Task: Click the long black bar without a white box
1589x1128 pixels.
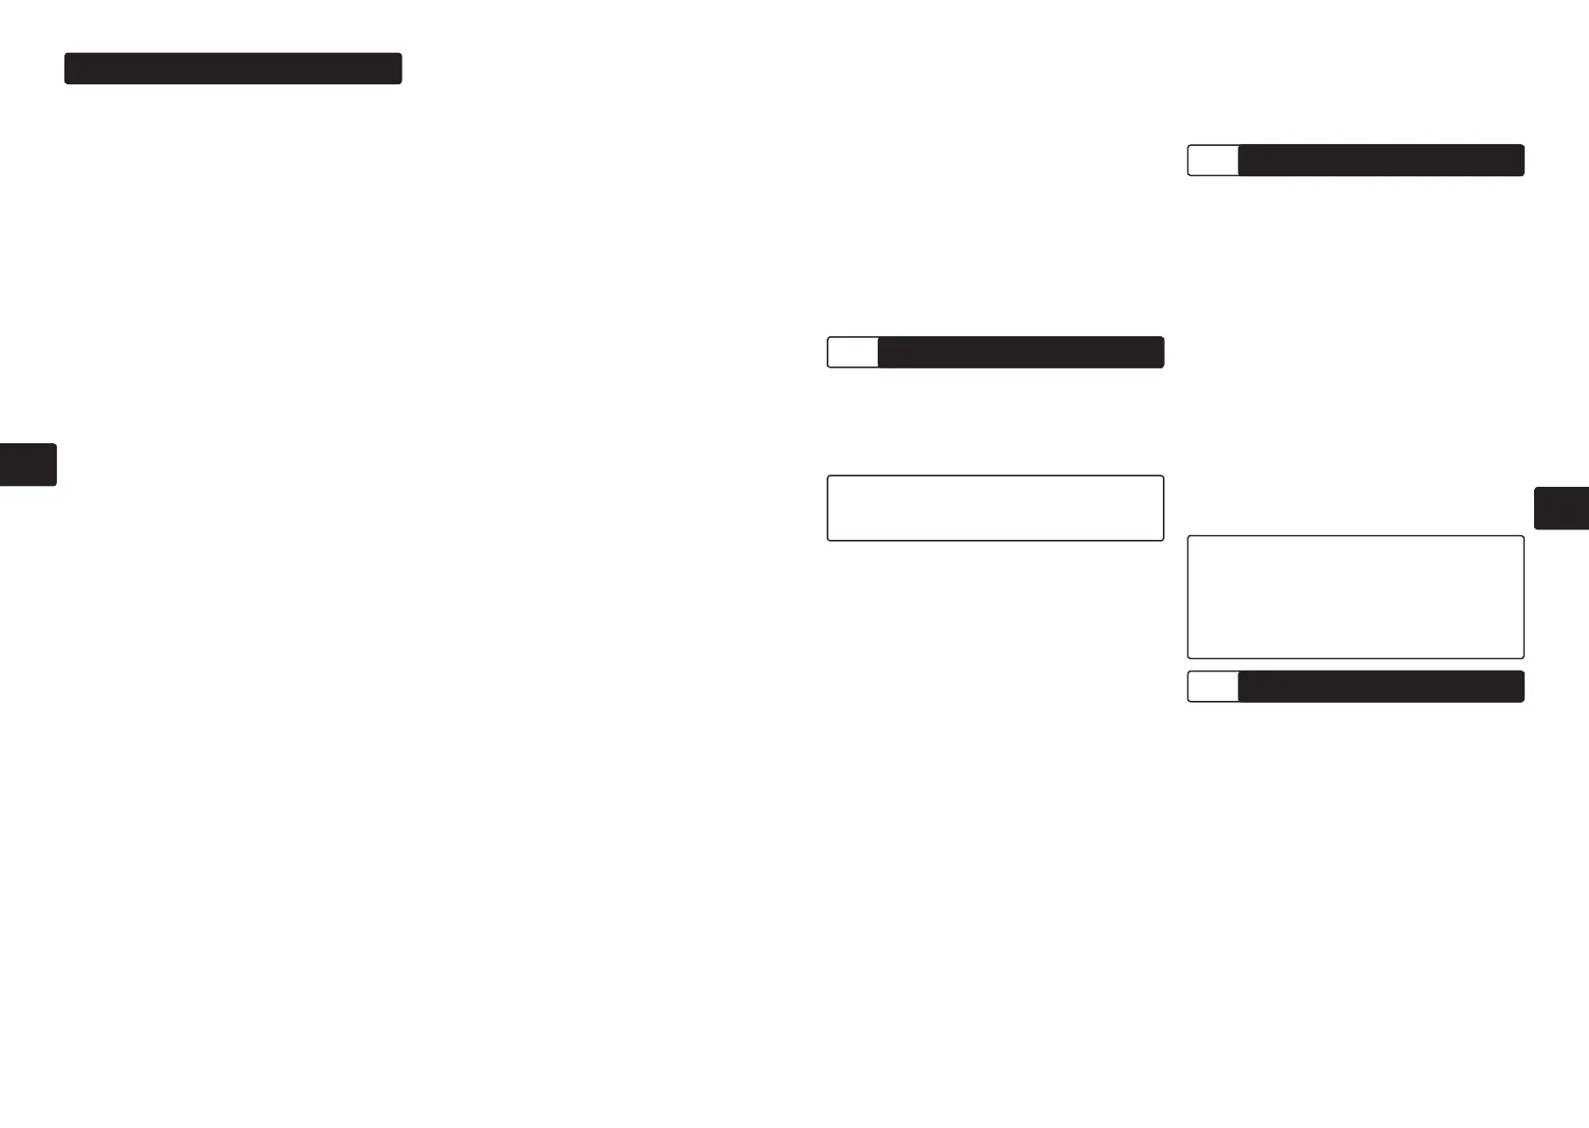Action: pyautogui.click(x=233, y=68)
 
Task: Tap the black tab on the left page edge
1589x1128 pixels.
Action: pyautogui.click(x=27, y=464)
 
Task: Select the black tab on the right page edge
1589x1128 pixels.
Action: pyautogui.click(x=1561, y=508)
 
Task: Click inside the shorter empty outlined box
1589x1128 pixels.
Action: pyautogui.click(x=995, y=508)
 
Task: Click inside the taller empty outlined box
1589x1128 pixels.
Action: pyautogui.click(x=1355, y=597)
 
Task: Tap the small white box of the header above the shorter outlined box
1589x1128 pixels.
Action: pyautogui.click(x=852, y=352)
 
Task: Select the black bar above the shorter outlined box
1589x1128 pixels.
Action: pyautogui.click(x=1020, y=352)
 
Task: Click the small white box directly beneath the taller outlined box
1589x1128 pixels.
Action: pyautogui.click(x=1213, y=687)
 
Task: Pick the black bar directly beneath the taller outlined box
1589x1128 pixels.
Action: pyautogui.click(x=1381, y=687)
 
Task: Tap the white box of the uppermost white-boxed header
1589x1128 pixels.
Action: pyautogui.click(x=1213, y=160)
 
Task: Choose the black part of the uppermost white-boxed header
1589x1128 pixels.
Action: pyautogui.click(x=1381, y=160)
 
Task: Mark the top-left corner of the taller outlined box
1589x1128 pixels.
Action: pyautogui.click(x=1188, y=537)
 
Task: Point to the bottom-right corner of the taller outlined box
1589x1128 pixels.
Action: pyautogui.click(x=1523, y=657)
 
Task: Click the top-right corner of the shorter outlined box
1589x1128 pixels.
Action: pyautogui.click(x=1162, y=476)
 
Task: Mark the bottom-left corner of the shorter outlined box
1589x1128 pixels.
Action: pyautogui.click(x=829, y=540)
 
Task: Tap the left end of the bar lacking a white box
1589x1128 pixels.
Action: pyautogui.click(x=67, y=68)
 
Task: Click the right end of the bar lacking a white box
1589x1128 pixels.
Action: pyautogui.click(x=400, y=68)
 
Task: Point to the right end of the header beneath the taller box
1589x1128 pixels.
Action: pyautogui.click(x=1522, y=687)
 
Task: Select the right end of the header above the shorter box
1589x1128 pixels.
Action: pyautogui.click(x=1161, y=352)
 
